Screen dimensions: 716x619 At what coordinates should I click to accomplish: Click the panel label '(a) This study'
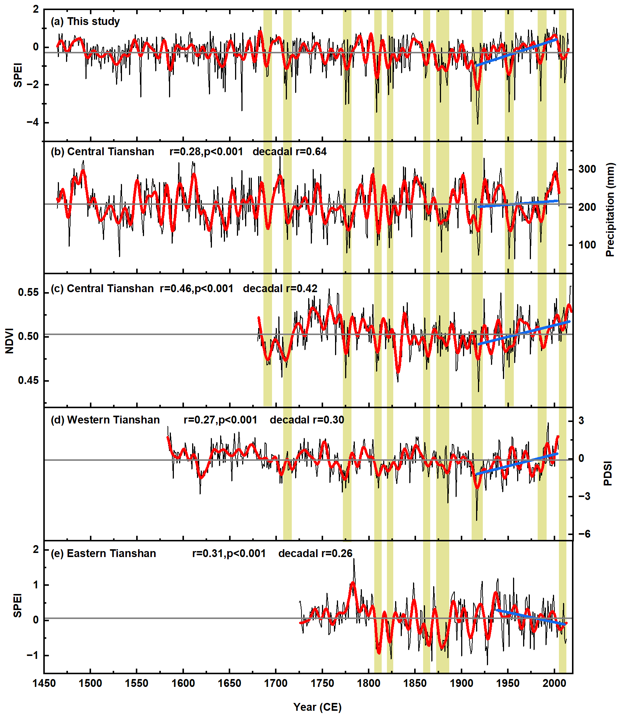85,22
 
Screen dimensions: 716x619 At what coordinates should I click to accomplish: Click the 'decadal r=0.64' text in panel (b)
290,152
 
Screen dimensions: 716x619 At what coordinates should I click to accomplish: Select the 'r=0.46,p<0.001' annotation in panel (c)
196,289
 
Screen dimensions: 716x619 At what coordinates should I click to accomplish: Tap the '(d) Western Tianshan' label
105,420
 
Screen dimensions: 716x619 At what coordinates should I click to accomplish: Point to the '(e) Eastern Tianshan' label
103,553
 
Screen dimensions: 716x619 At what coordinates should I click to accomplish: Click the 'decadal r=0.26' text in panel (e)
315,553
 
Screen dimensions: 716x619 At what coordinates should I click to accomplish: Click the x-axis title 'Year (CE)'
317,707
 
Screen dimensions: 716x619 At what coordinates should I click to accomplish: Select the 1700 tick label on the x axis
276,683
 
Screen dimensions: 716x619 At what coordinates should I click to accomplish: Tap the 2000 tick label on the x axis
554,683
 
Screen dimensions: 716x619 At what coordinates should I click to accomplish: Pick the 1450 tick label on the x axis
44,683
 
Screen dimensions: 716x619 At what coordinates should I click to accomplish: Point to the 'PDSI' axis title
608,473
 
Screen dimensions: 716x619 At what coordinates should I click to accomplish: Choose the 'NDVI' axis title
9,341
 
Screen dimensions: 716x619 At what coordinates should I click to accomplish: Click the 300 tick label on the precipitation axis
587,169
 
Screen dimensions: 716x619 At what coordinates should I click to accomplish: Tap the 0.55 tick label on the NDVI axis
28,293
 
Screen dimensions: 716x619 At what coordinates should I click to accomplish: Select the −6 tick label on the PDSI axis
584,534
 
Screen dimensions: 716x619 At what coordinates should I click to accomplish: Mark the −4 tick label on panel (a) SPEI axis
32,122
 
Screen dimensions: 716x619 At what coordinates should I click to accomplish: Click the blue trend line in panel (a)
516,53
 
